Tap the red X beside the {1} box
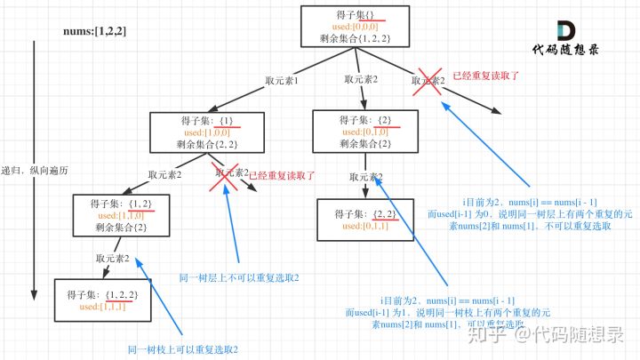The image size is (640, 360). point(226,174)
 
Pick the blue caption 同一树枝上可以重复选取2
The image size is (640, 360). point(183,349)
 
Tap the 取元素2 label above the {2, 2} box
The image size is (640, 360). point(366,175)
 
